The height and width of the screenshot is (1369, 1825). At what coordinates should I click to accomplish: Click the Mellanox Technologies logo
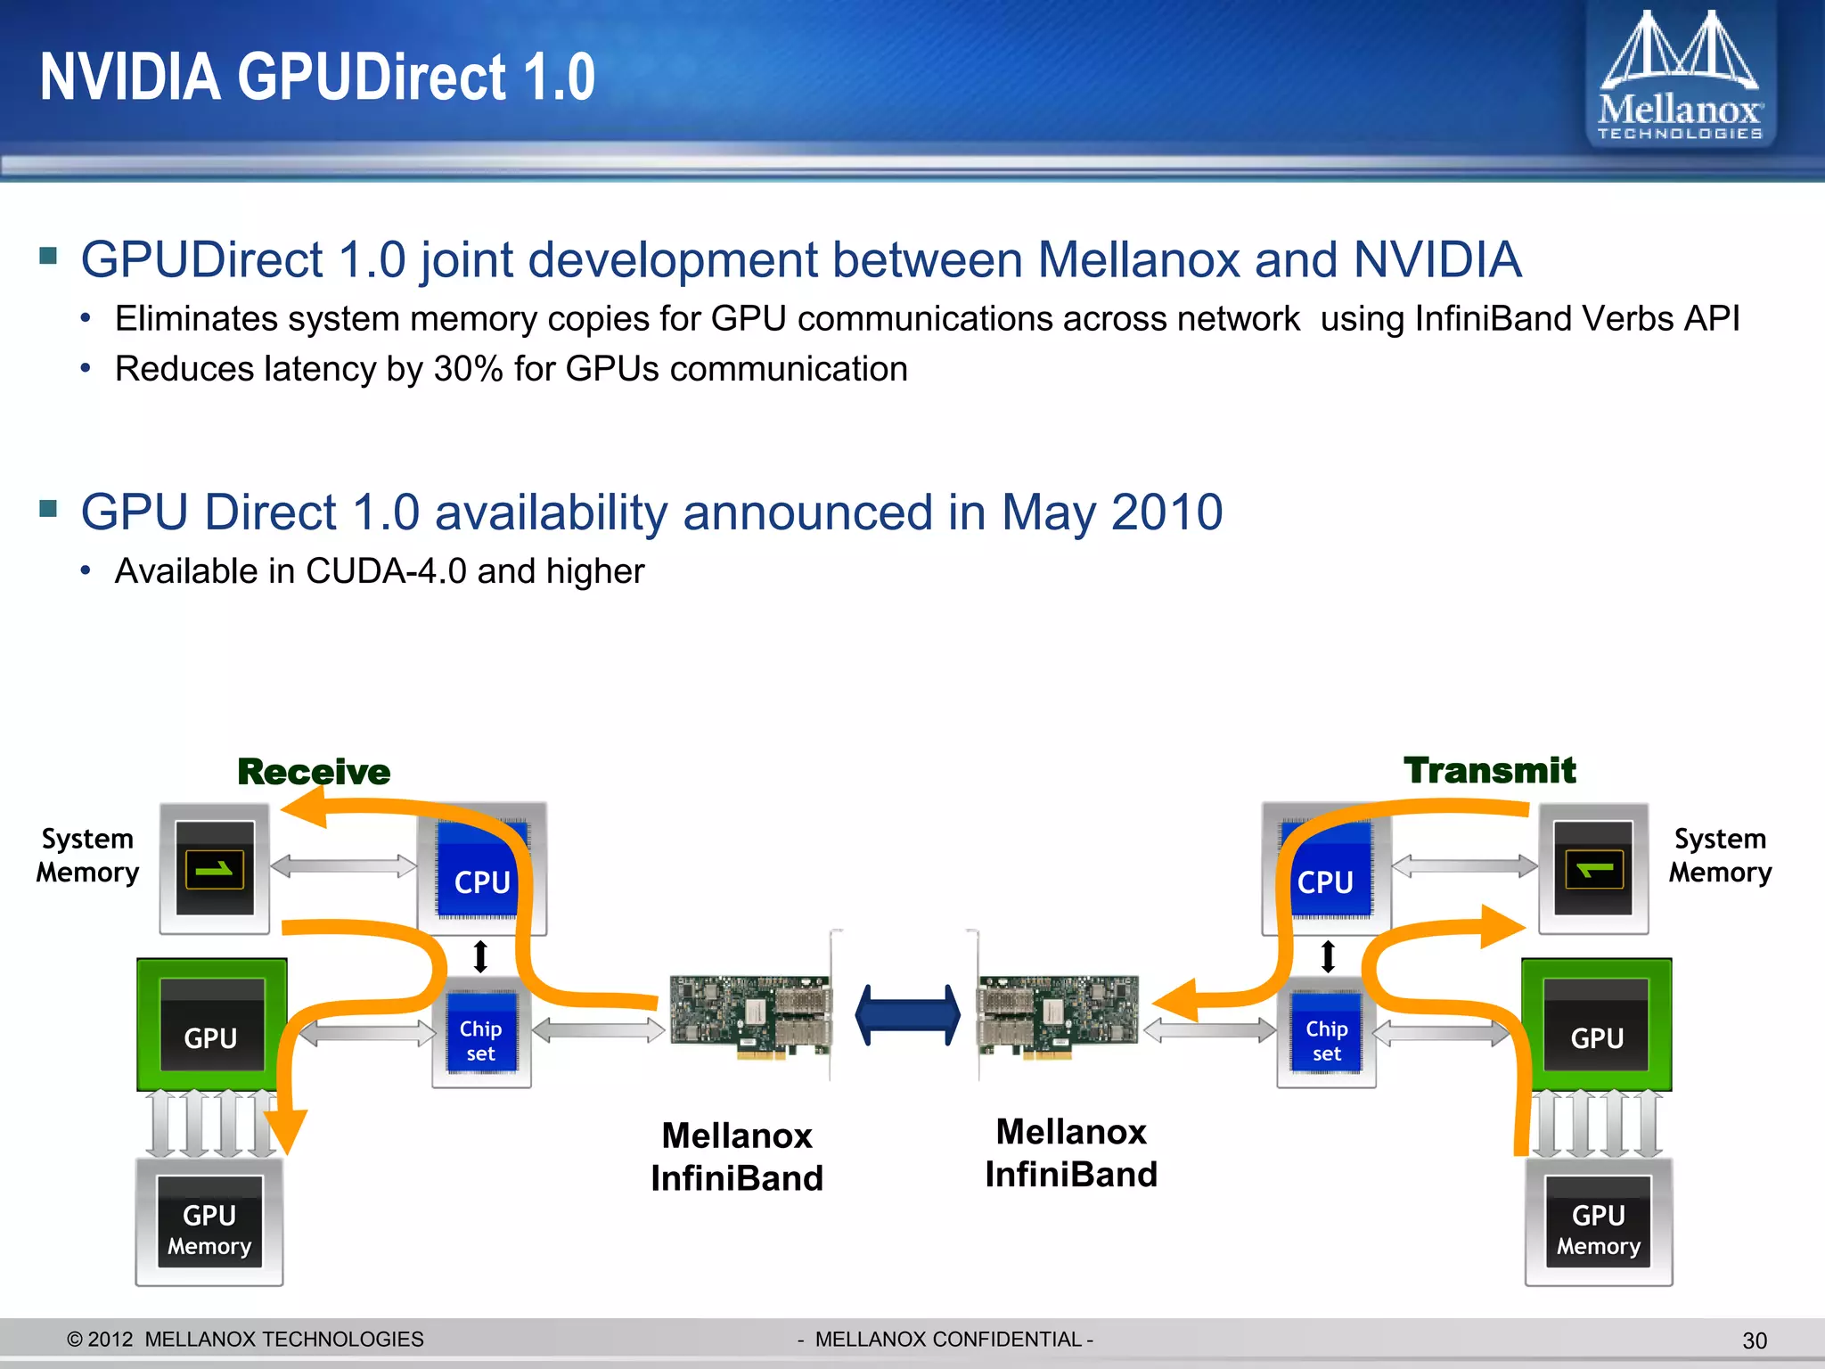pos(1679,76)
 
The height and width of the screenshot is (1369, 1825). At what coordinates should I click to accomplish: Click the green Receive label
pos(314,772)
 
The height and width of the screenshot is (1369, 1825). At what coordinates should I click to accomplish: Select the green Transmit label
pos(1489,770)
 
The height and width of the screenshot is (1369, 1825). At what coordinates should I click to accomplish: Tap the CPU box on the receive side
pos(481,870)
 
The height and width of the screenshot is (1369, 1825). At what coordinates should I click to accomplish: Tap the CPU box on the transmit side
pos(1326,870)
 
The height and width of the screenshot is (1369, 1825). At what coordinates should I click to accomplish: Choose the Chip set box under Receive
pos(481,1034)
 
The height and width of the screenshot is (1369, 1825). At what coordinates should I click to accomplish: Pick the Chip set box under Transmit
pos(1326,1034)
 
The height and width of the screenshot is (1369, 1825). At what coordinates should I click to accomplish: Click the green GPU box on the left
pos(211,1025)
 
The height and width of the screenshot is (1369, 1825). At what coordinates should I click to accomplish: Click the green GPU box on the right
pos(1596,1025)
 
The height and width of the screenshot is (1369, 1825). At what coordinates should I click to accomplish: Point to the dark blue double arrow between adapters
pos(907,1015)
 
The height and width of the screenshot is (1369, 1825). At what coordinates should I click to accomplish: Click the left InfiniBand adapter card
pos(751,1016)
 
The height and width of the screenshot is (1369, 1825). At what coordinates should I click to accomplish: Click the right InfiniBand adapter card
pos(1058,1016)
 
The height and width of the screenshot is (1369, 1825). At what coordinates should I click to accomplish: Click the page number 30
pos(1754,1340)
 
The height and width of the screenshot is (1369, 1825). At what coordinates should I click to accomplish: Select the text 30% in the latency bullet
pos(469,369)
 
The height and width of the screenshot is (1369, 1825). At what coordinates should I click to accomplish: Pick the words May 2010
pos(1111,512)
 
